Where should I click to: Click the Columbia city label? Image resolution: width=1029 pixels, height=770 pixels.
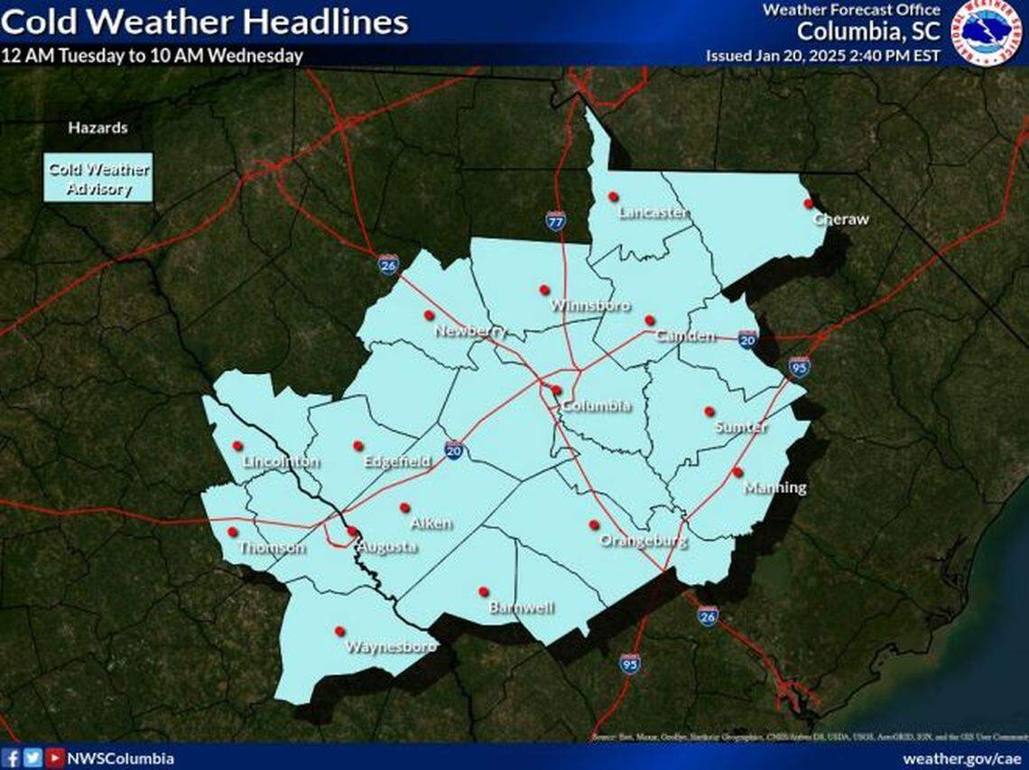595,405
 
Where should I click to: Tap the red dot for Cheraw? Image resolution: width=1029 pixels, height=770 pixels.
808,204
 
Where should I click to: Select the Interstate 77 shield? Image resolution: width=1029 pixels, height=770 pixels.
556,219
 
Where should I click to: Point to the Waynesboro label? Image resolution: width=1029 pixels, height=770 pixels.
391,646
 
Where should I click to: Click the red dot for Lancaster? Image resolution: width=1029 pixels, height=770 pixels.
613,196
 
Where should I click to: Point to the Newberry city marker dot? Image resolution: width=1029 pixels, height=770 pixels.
429,315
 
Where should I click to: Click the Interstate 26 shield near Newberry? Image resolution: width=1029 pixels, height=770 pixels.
388,264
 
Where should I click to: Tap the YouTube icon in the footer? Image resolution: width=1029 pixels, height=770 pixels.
54,758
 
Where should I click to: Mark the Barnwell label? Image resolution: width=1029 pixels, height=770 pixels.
521,608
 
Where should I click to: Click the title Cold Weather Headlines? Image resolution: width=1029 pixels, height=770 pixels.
205,22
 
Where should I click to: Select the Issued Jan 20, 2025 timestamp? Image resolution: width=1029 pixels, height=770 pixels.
822,55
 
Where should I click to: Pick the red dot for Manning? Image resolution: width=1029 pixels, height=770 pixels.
737,472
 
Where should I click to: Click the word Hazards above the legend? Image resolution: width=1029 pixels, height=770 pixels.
97,128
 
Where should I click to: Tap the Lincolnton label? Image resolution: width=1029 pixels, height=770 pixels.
281,462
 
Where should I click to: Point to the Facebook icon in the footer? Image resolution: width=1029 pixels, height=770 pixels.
12,758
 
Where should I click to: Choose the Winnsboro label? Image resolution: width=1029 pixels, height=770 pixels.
589,305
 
